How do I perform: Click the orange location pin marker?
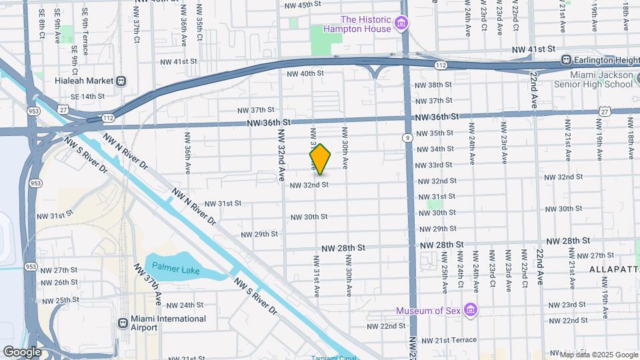[x=320, y=160]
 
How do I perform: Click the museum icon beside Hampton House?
[x=401, y=25]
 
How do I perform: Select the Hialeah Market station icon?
[x=121, y=81]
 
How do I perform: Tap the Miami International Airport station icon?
[x=123, y=323]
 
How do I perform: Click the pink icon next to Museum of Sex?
[x=471, y=311]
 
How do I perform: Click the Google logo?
[x=21, y=351]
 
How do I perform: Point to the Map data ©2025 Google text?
[x=594, y=354]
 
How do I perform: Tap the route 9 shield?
[x=406, y=138]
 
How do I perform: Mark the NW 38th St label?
[x=433, y=85]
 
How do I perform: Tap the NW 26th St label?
[x=58, y=282]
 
